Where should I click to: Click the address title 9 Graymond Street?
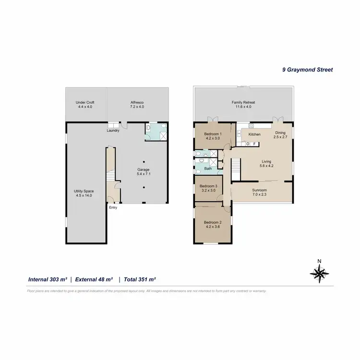307,69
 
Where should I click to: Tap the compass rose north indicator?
319,272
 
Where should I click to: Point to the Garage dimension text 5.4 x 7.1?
144,174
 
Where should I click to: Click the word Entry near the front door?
113,207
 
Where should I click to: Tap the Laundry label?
113,130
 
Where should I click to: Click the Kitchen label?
254,134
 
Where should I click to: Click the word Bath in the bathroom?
208,169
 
